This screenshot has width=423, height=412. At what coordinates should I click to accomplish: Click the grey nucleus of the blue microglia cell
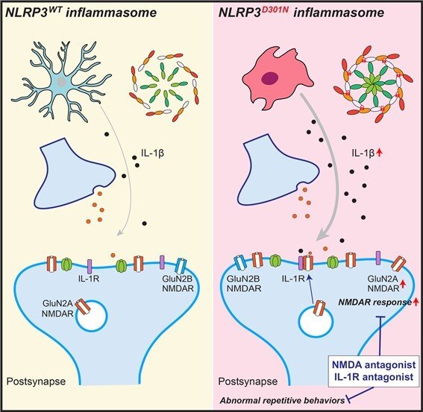[62, 82]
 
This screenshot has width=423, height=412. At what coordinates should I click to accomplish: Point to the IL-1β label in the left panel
[153, 153]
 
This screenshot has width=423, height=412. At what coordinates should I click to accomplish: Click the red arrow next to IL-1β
[380, 153]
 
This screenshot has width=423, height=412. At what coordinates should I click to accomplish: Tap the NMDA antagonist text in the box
[374, 365]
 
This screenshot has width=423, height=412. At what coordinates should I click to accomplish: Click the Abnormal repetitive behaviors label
[282, 400]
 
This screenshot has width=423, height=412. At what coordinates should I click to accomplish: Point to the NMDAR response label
[375, 302]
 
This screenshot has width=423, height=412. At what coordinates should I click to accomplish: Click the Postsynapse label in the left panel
[36, 381]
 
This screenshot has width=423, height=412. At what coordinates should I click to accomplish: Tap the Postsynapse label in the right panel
[248, 381]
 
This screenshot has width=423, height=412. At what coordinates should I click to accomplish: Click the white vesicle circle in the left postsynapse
[92, 316]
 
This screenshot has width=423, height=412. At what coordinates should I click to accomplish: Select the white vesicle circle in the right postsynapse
[316, 320]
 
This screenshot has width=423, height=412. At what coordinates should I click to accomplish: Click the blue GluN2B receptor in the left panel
[181, 265]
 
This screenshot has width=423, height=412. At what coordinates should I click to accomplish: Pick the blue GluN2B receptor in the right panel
[240, 263]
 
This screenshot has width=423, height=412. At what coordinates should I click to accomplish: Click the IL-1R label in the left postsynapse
[89, 279]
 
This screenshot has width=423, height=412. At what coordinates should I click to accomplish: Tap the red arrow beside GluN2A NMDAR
[403, 285]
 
